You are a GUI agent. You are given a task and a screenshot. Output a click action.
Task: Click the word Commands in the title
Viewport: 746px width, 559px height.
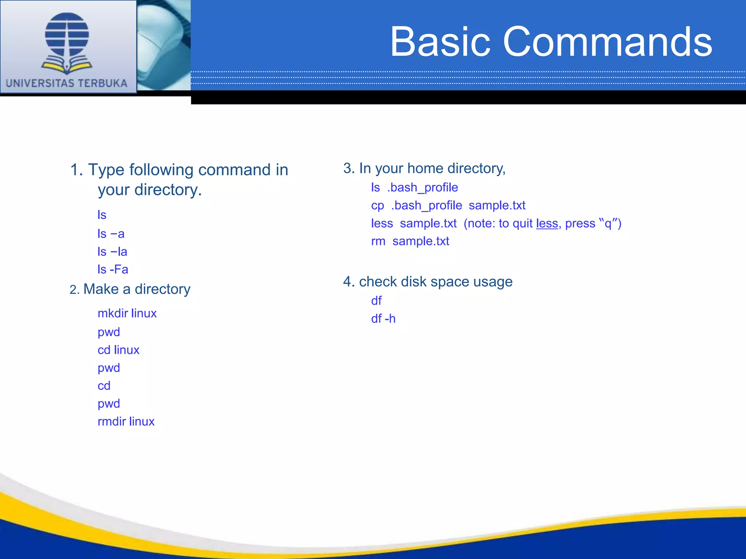(607, 42)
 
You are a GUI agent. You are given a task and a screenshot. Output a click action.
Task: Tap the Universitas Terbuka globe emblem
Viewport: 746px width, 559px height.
(67, 42)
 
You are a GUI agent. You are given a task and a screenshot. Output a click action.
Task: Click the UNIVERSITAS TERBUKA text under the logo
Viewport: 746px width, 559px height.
(67, 83)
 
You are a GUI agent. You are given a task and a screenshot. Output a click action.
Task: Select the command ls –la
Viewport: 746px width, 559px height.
(112, 252)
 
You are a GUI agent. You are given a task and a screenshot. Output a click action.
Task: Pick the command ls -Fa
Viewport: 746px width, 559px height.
(113, 270)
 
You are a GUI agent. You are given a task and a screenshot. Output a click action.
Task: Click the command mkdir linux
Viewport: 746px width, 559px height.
(127, 313)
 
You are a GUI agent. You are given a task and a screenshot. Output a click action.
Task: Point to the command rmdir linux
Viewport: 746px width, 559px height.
(126, 421)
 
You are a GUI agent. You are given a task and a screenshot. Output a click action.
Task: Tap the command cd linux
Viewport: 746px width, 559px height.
(118, 350)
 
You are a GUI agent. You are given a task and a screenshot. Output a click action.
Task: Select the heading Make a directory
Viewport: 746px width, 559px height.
(137, 289)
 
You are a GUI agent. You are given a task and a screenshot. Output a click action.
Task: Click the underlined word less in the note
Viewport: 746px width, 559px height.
(547, 223)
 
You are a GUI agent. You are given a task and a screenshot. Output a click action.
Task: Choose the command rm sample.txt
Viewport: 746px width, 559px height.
(410, 241)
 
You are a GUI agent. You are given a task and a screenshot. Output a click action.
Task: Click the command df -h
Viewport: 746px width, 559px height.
(383, 319)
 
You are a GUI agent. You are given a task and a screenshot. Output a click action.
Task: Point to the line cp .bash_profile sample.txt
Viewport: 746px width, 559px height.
(448, 206)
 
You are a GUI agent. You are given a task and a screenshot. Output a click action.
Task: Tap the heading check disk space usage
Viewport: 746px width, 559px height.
(436, 282)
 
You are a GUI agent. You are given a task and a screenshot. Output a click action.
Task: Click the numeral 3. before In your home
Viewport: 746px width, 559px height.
(349, 169)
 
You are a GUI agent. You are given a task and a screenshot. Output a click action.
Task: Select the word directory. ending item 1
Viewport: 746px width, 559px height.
(168, 190)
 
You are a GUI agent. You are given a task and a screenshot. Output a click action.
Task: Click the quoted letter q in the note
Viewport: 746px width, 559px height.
(608, 224)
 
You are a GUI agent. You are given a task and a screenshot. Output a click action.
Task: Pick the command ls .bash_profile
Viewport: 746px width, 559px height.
(415, 187)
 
